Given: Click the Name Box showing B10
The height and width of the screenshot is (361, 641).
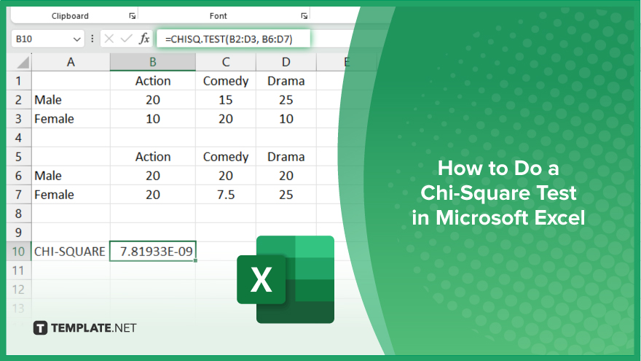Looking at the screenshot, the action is (x=47, y=39).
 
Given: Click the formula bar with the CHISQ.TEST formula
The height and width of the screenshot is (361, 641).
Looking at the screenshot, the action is (x=233, y=39).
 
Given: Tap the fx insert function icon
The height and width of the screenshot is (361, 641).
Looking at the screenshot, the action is (x=144, y=39).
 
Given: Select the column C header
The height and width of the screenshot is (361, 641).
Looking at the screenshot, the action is (x=226, y=62).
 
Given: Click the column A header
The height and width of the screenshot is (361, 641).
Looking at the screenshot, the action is (x=71, y=62).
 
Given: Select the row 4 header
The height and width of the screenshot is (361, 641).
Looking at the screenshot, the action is (x=19, y=138).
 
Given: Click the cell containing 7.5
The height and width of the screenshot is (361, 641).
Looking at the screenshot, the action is (x=226, y=195).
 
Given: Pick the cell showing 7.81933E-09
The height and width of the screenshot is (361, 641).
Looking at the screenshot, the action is (x=153, y=251).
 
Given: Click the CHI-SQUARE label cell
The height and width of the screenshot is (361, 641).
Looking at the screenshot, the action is (x=71, y=252).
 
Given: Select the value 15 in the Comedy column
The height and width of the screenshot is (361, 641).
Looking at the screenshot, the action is (x=226, y=100).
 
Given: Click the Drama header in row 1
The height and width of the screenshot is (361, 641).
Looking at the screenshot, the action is (x=286, y=81).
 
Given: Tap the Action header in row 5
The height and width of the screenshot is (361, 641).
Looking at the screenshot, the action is (x=153, y=157).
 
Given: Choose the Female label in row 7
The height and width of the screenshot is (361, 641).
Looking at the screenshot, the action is (x=54, y=195).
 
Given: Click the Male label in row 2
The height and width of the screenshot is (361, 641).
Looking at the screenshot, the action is (x=48, y=100).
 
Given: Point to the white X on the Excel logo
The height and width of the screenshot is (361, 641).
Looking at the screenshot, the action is (x=261, y=279).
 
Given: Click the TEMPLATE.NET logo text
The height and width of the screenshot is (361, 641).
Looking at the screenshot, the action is (x=94, y=328).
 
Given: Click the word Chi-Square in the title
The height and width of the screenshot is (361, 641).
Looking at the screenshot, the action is (x=498, y=193).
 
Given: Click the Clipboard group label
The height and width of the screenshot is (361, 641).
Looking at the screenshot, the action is (x=70, y=16).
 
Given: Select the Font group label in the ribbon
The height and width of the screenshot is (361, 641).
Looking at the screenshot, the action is (x=219, y=16).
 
